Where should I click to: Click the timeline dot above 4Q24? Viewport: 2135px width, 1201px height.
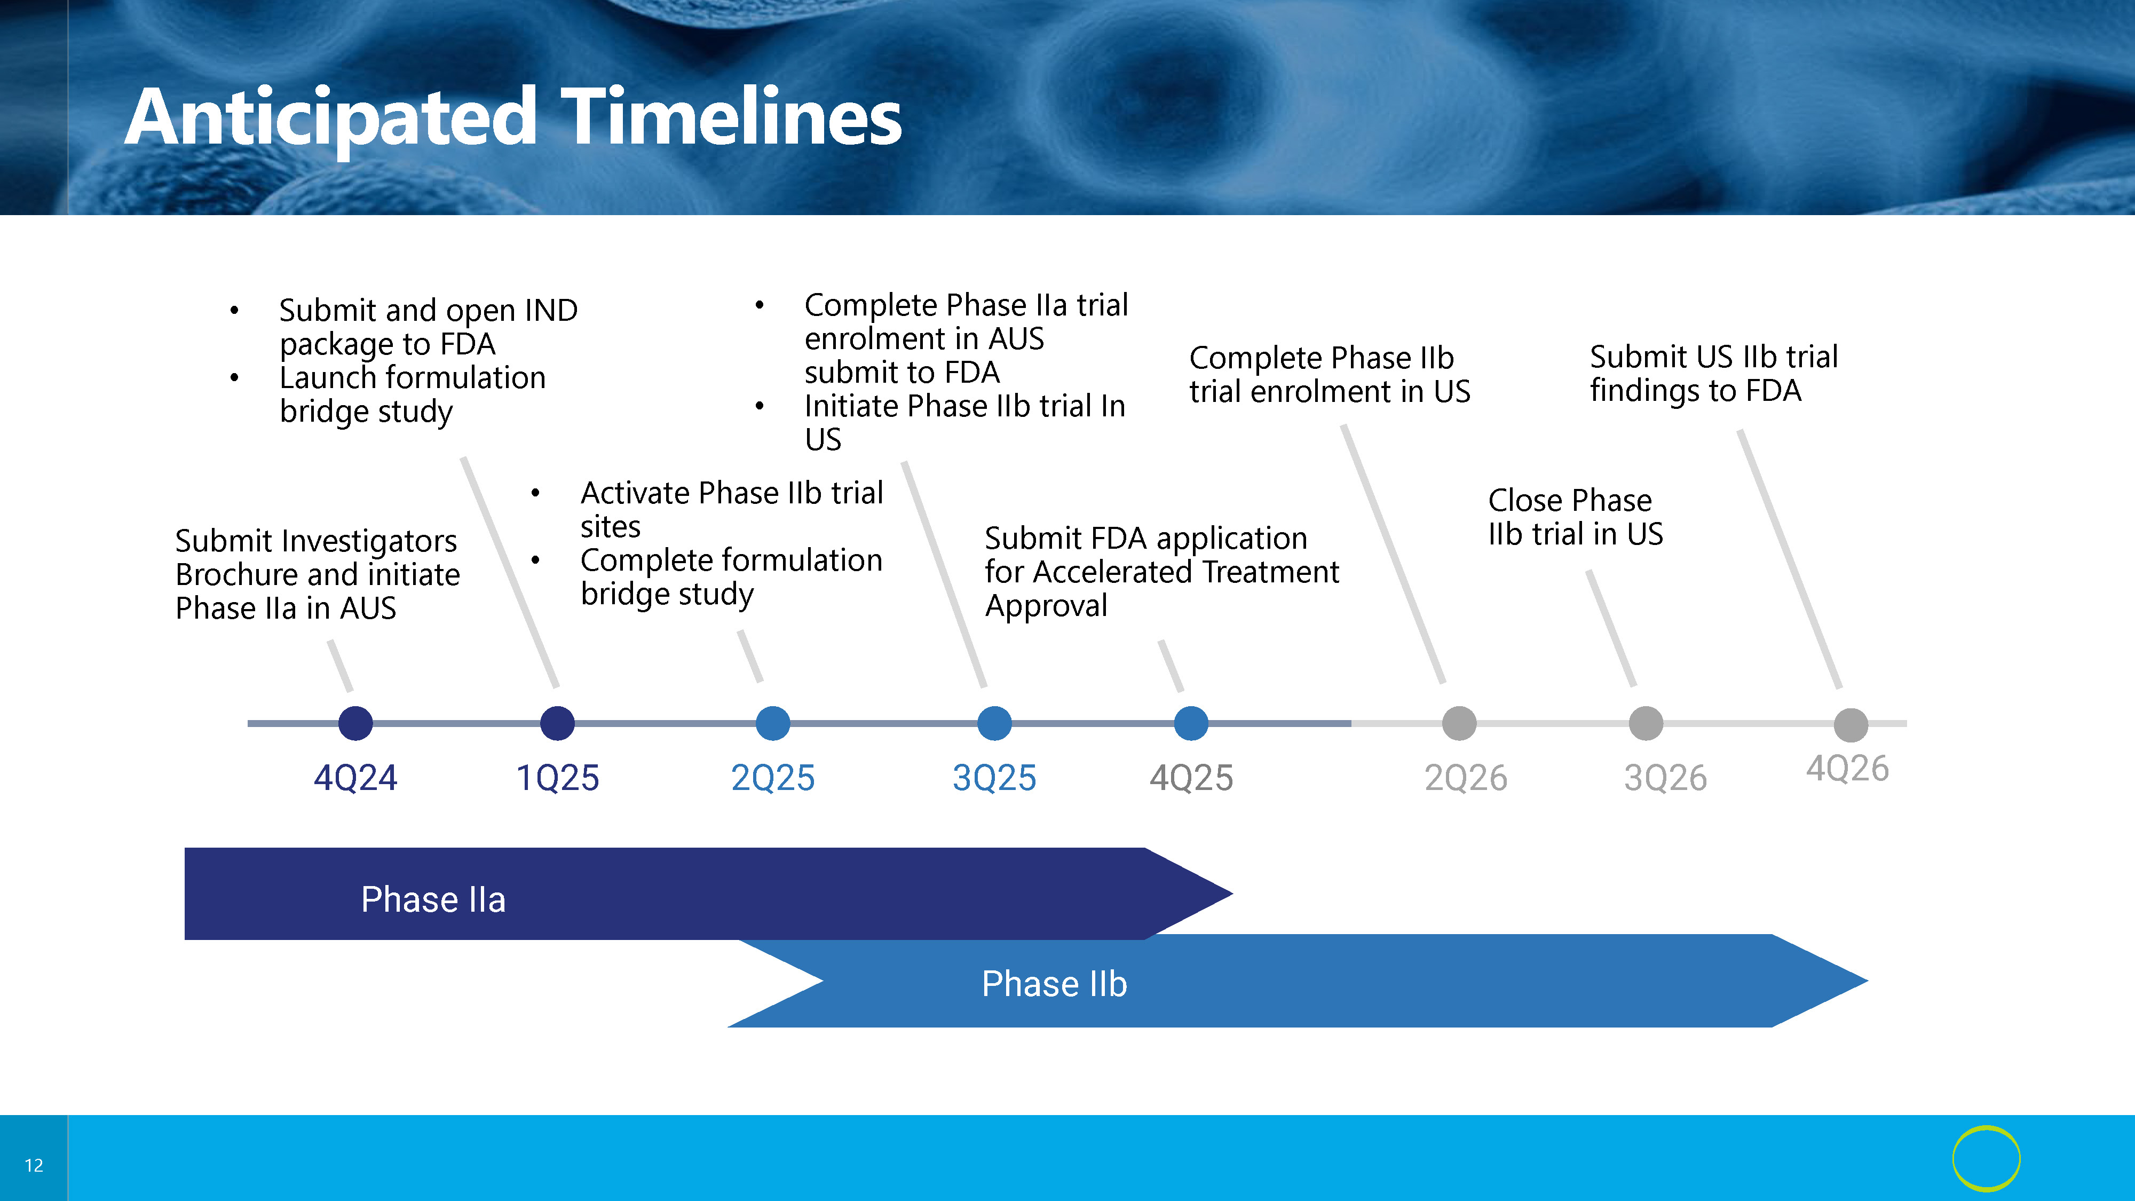point(355,723)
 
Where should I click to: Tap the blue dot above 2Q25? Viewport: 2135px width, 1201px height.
point(773,723)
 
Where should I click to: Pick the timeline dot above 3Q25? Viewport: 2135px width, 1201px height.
point(994,723)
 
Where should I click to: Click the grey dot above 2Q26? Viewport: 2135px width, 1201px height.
point(1459,723)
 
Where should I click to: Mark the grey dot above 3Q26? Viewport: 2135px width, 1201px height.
point(1646,723)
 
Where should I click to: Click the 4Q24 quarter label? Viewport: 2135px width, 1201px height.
point(355,778)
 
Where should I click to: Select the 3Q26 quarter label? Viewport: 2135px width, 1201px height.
point(1666,778)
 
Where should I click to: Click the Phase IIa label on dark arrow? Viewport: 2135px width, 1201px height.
point(433,899)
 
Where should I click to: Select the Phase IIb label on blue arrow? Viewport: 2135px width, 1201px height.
point(1054,984)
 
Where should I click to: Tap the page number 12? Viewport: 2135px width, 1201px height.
point(34,1165)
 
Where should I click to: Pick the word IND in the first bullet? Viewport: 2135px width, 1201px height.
point(551,310)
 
